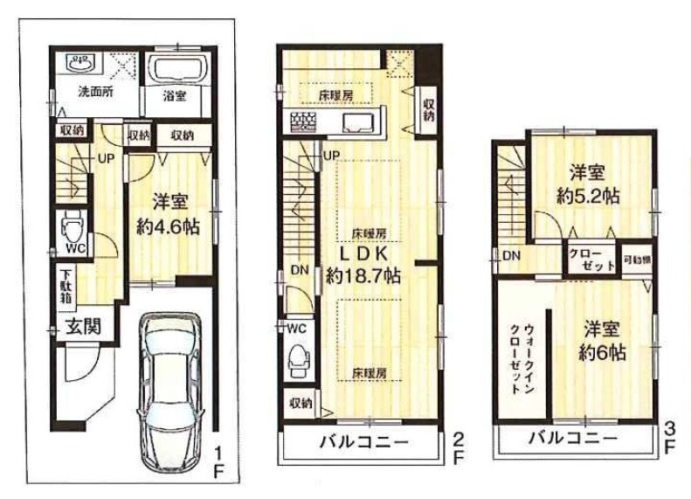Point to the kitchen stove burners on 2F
[x=302, y=121]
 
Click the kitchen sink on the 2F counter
[x=359, y=121]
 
